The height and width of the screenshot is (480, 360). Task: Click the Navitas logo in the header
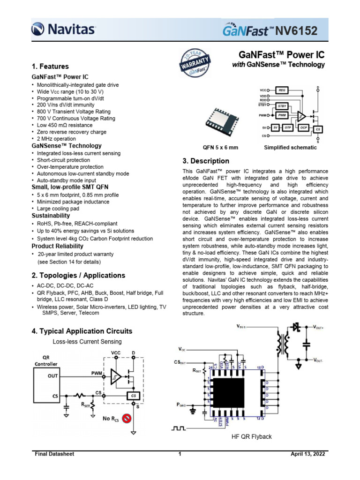(63, 30)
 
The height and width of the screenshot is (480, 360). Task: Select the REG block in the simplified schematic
(282, 90)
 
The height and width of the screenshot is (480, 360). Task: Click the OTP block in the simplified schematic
(290, 127)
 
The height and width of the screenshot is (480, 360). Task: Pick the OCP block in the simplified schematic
(304, 127)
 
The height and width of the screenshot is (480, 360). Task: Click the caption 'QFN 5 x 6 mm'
(220, 148)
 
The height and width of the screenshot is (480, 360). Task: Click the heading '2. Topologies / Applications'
(78, 275)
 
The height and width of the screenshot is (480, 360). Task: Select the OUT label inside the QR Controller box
(53, 375)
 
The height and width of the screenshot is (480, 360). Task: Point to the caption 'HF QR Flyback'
(252, 436)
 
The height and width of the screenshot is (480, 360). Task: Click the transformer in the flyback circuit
(283, 344)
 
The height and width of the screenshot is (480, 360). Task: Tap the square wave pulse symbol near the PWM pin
(180, 428)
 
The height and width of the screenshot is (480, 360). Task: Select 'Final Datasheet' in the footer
(55, 454)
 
